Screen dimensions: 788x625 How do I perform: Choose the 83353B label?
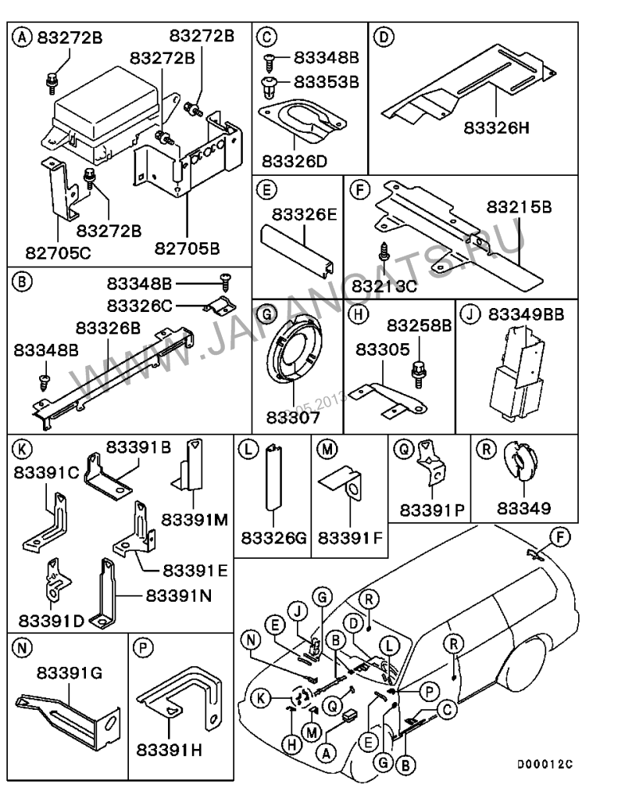(x=326, y=81)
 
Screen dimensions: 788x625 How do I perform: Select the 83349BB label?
(x=527, y=314)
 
